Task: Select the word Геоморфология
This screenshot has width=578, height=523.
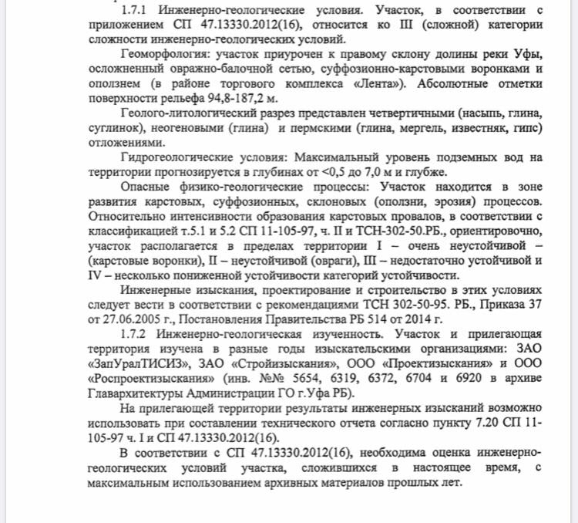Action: pyautogui.click(x=168, y=55)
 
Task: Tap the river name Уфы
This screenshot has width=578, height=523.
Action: pyautogui.click(x=527, y=55)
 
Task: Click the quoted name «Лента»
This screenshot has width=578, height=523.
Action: pyautogui.click(x=383, y=83)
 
